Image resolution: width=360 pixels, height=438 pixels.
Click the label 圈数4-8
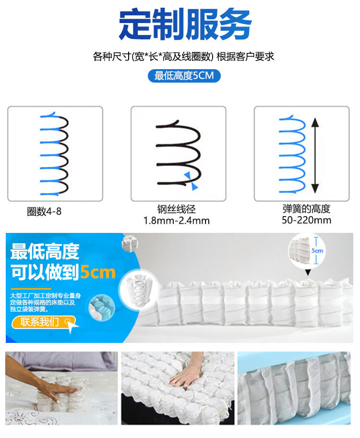click(x=44, y=211)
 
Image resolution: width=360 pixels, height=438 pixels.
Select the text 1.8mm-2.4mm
click(x=177, y=221)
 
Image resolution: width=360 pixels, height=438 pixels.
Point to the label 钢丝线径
click(x=177, y=210)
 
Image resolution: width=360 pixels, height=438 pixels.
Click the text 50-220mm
click(x=307, y=220)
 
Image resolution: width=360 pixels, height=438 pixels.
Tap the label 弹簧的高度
click(x=307, y=209)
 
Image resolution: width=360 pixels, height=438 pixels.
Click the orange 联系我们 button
click(x=42, y=322)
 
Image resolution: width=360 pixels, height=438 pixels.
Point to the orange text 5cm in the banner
click(x=98, y=272)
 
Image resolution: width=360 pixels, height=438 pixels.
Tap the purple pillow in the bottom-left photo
click(x=62, y=361)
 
